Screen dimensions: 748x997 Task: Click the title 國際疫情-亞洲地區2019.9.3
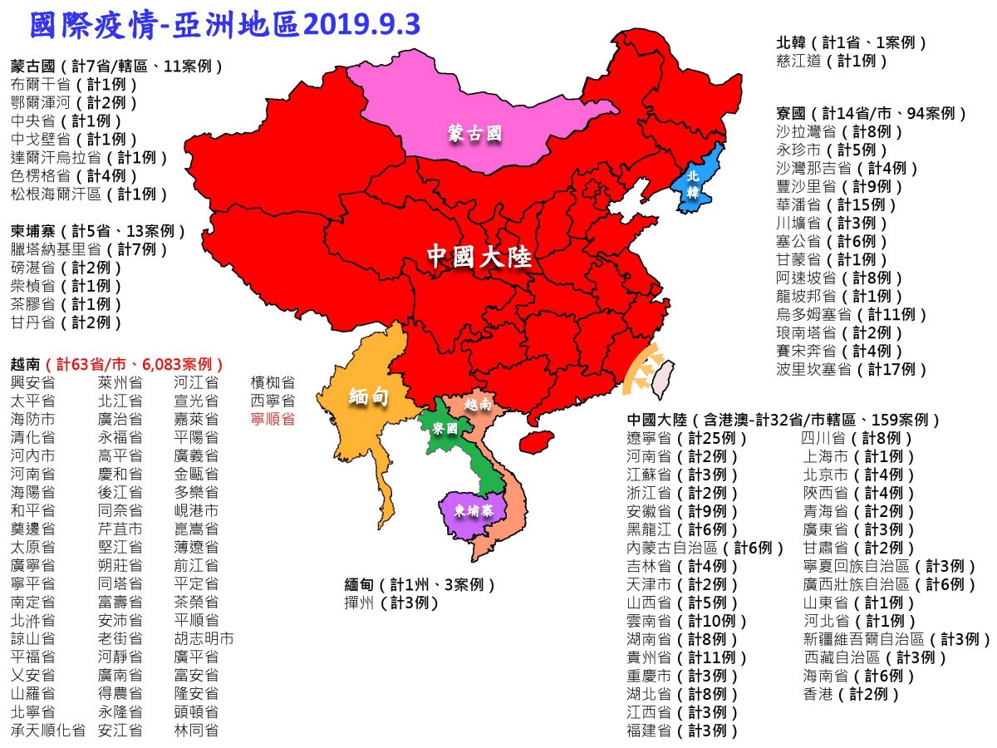pos(224,25)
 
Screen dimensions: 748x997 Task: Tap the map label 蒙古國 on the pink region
pos(475,134)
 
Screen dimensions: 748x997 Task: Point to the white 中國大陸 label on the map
pos(479,257)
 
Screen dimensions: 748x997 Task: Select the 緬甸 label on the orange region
pos(370,396)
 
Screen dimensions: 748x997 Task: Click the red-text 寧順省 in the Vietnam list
pos(273,419)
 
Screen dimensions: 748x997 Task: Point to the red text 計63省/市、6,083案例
pos(137,364)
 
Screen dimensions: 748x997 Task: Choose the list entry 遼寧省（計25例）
pos(682,438)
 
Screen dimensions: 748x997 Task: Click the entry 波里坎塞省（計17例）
pos(851,369)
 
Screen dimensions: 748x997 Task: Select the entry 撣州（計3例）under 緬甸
pos(391,603)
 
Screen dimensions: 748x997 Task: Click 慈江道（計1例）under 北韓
pos(831,61)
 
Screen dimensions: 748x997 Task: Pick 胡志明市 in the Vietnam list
pos(204,639)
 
